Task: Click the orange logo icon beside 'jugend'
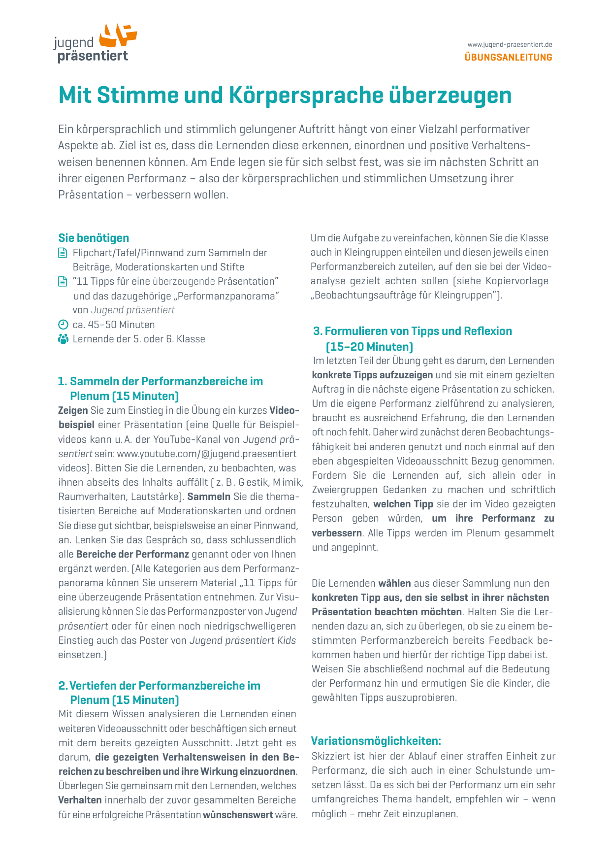(x=118, y=35)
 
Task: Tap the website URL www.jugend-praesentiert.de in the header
(x=510, y=45)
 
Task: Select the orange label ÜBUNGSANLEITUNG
(x=508, y=57)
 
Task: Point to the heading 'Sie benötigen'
(x=94, y=238)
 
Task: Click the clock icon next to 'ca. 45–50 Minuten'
(x=63, y=325)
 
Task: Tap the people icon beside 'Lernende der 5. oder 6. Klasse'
(x=63, y=339)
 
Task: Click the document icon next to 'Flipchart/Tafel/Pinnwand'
(x=63, y=253)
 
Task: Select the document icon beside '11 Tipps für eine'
(x=63, y=282)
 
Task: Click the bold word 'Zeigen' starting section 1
(x=73, y=410)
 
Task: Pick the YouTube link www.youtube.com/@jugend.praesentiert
(x=207, y=453)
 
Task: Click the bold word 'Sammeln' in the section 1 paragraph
(x=209, y=497)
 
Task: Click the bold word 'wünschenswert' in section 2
(x=238, y=815)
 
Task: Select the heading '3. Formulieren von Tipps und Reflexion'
(x=413, y=331)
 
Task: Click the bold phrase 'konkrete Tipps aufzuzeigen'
(x=372, y=375)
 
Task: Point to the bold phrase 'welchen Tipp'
(x=403, y=504)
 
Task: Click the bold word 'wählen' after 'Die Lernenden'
(x=394, y=583)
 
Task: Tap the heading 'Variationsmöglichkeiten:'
(x=376, y=741)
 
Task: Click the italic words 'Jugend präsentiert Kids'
(x=243, y=640)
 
